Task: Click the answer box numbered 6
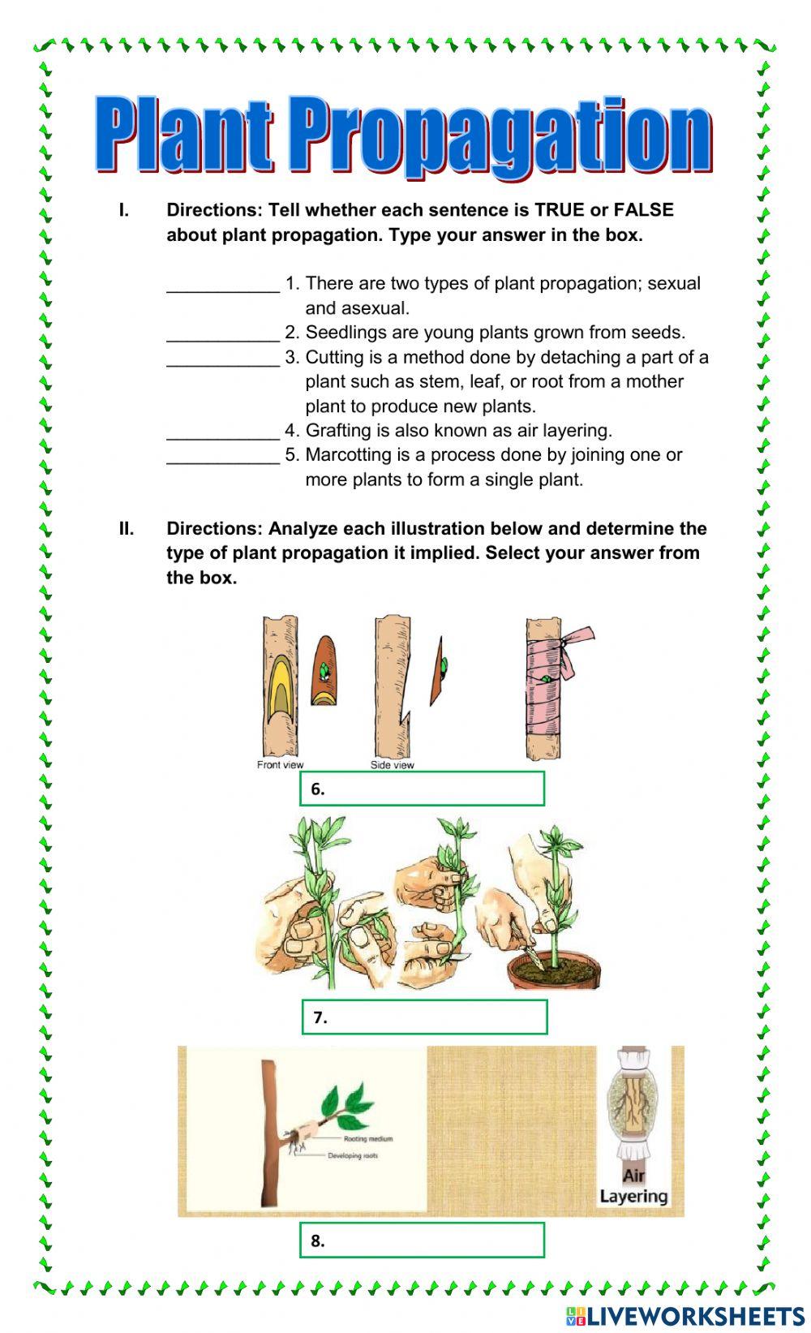point(422,789)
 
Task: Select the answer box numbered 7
point(424,1017)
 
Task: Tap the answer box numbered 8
point(422,1241)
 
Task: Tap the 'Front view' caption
point(280,765)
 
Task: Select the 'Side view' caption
point(392,765)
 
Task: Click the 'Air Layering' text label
point(633,1186)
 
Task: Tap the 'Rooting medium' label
point(368,1139)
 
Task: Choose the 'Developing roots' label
point(353,1155)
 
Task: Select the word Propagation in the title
point(499,136)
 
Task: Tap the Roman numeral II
point(127,529)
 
